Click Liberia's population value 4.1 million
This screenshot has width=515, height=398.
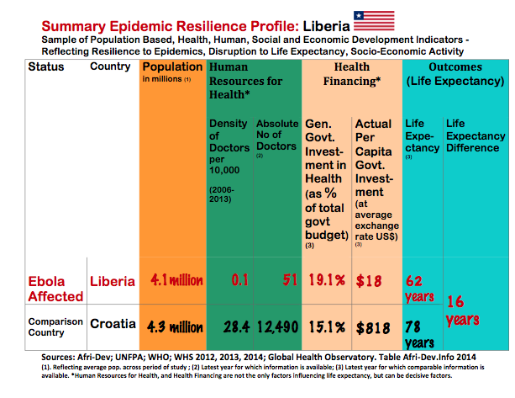pos(173,279)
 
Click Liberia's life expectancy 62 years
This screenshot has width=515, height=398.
pos(420,286)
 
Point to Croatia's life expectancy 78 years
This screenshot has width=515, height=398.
pos(420,334)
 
